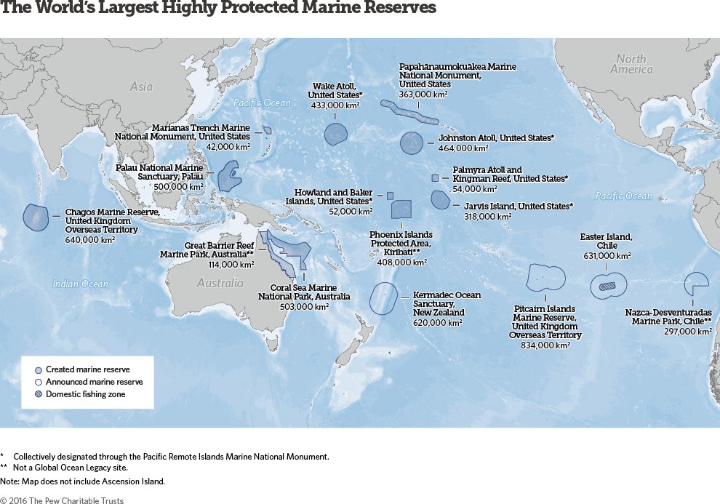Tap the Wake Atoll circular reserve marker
point(335,135)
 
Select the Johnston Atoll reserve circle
point(412,143)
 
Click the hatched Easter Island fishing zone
point(607,287)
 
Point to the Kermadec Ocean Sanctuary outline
point(382,299)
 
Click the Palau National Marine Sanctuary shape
point(231,175)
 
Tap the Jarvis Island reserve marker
point(440,199)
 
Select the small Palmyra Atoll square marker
point(435,177)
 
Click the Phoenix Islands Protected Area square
point(401,209)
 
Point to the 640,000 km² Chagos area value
point(90,239)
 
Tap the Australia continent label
point(220,283)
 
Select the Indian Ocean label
point(80,284)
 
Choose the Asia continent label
point(141,87)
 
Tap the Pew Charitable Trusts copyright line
point(62,500)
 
